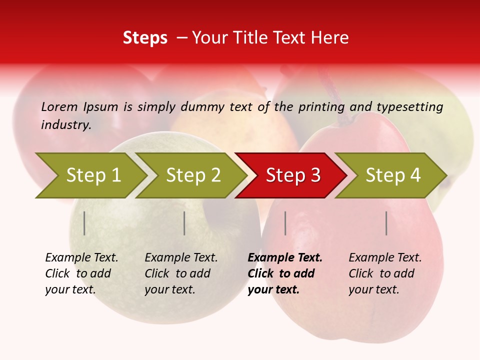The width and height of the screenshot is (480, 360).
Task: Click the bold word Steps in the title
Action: pyautogui.click(x=145, y=38)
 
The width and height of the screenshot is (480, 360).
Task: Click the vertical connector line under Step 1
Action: pyautogui.click(x=84, y=223)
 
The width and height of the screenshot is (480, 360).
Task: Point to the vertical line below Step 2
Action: pyautogui.click(x=184, y=223)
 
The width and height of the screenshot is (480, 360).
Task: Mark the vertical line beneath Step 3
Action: pyautogui.click(x=285, y=223)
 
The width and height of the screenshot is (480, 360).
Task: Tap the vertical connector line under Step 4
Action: pyautogui.click(x=386, y=223)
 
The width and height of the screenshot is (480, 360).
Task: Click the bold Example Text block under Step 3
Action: pyautogui.click(x=284, y=273)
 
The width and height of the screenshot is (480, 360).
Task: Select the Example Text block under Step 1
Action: pyautogui.click(x=81, y=273)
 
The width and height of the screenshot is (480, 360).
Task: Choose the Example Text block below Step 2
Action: pyautogui.click(x=181, y=273)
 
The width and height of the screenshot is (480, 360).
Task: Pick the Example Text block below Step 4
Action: pyautogui.click(x=385, y=273)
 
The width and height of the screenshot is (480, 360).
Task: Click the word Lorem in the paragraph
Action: pyautogui.click(x=59, y=106)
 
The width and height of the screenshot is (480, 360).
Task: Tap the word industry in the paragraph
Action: pyautogui.click(x=65, y=125)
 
